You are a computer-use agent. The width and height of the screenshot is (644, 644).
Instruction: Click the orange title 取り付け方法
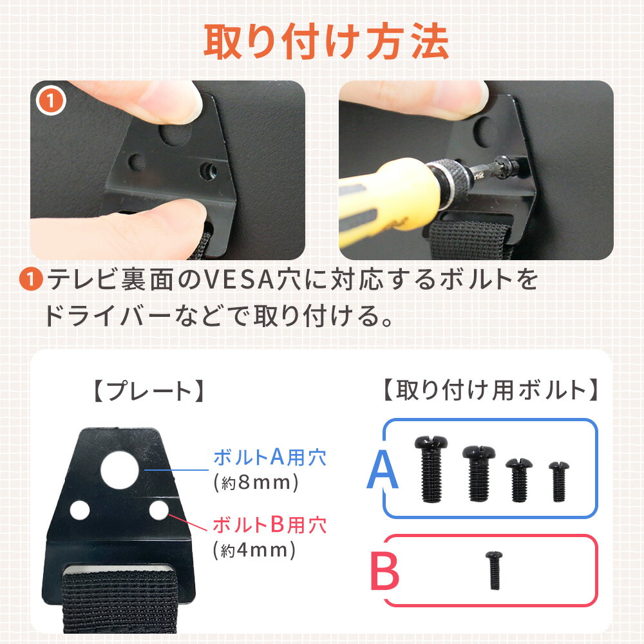[x=326, y=41]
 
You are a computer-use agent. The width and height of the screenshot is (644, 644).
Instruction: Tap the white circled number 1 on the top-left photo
[x=51, y=100]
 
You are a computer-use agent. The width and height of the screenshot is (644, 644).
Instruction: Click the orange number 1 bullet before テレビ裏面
[x=31, y=279]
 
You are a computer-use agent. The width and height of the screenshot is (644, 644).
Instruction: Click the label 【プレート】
[x=149, y=391]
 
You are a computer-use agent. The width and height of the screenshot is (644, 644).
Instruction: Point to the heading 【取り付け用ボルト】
[x=490, y=390]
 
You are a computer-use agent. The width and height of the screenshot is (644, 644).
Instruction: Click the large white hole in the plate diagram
[x=120, y=470]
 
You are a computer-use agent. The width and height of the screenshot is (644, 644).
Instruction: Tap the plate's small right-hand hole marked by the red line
[x=159, y=510]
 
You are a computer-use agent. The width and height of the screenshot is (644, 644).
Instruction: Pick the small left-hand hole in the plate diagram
[x=80, y=510]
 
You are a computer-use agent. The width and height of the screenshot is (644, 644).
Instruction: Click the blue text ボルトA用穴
[x=270, y=457]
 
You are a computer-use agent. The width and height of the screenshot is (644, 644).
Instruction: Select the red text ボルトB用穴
[x=270, y=524]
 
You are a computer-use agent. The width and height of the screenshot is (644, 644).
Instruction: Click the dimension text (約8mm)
[x=256, y=482]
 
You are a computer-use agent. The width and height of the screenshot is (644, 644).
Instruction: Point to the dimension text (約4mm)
[x=254, y=550]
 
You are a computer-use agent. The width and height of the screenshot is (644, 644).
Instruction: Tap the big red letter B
[x=384, y=571]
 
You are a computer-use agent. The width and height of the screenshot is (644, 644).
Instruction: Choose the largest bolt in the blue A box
[x=431, y=469]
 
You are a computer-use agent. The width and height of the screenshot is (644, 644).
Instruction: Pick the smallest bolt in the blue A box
[x=558, y=481]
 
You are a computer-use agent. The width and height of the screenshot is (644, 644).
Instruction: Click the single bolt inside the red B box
[x=494, y=570]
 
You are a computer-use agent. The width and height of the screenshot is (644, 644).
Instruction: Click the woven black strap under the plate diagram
[x=120, y=601]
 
